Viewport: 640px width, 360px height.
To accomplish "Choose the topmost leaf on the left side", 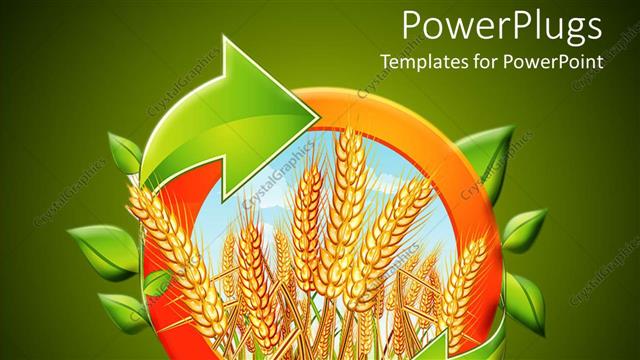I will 124,153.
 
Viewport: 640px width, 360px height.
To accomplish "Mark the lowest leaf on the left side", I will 124,310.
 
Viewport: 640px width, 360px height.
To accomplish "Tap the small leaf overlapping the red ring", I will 156,285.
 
